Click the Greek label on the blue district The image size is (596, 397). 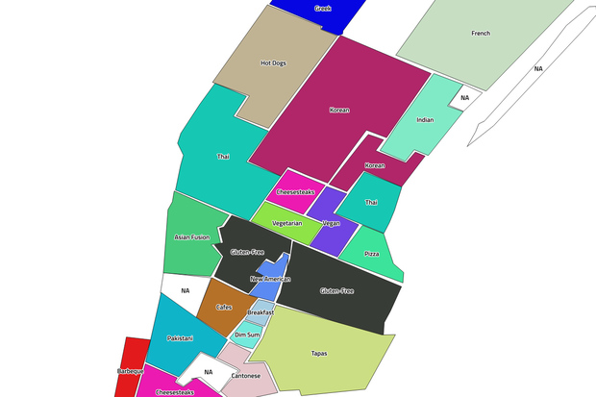323,8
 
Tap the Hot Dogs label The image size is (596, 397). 273,63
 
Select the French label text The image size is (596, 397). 481,34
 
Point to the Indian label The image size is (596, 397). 425,120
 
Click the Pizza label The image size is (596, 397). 372,255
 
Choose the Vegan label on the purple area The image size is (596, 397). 332,223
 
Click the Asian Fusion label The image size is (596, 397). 191,236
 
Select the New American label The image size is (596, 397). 270,279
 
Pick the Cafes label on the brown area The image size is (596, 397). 223,308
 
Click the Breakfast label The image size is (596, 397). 261,312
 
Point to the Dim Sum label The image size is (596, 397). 246,335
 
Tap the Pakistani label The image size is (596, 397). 180,338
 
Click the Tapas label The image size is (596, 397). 319,354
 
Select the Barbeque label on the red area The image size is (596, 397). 130,371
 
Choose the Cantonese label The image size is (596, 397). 246,376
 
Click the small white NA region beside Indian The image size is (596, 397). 464,98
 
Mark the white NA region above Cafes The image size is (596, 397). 185,290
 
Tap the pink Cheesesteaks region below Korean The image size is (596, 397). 295,192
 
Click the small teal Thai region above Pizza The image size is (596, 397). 371,203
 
